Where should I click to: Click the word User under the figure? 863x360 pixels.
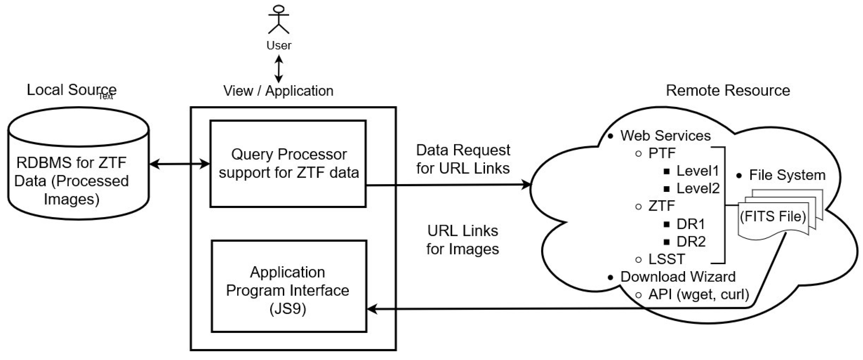pyautogui.click(x=279, y=45)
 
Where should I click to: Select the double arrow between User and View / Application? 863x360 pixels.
pyautogui.click(x=279, y=69)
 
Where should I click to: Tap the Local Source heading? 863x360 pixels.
pyautogui.click(x=71, y=90)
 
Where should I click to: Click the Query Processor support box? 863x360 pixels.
pyautogui.click(x=288, y=163)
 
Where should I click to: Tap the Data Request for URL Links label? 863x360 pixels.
pyautogui.click(x=463, y=159)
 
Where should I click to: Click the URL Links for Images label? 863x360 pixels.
pyautogui.click(x=463, y=240)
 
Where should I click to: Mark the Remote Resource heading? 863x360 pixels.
pyautogui.click(x=728, y=91)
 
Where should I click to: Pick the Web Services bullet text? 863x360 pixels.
pyautogui.click(x=665, y=136)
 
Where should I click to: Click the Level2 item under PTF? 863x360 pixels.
pyautogui.click(x=697, y=189)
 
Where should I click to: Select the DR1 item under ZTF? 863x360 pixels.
pyautogui.click(x=691, y=224)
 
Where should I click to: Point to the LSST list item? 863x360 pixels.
pyautogui.click(x=666, y=259)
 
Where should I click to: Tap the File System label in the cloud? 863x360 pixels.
pyautogui.click(x=787, y=175)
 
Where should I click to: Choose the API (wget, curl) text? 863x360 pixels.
pyautogui.click(x=698, y=295)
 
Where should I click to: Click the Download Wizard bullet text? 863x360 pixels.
pyautogui.click(x=677, y=277)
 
